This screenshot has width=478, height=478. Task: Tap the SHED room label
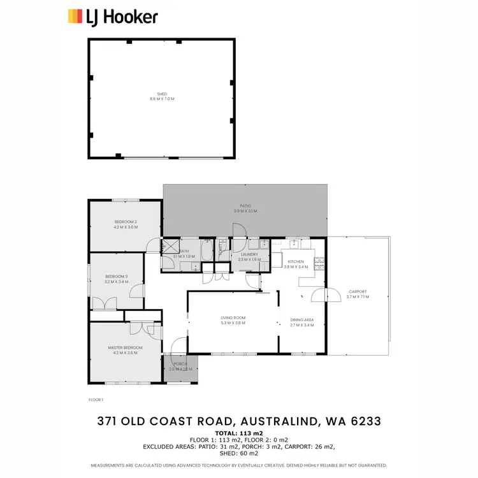(162, 96)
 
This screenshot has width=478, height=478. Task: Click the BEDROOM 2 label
(126, 224)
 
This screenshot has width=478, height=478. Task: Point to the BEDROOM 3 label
(117, 279)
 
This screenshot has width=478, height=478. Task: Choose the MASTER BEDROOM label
(125, 349)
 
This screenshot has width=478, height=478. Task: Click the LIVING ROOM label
(233, 320)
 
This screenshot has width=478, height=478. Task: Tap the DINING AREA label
(302, 322)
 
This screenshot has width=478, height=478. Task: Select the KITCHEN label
(296, 264)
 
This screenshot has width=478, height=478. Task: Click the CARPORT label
(357, 294)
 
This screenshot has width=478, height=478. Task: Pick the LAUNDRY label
(248, 257)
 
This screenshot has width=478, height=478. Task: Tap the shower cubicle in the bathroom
(169, 247)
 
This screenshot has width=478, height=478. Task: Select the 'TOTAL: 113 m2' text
(239, 433)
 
